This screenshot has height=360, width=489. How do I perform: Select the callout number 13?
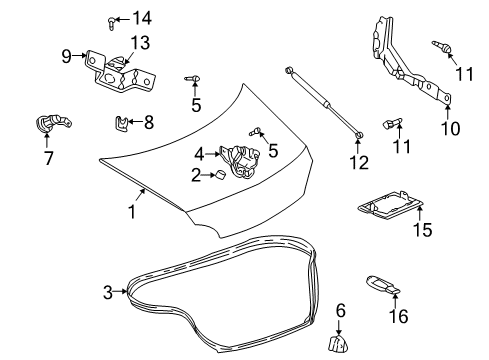click(x=139, y=42)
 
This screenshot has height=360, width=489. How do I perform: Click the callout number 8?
click(x=148, y=123)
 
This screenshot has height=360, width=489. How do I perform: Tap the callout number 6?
click(x=338, y=310)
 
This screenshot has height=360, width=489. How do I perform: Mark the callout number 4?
click(x=200, y=154)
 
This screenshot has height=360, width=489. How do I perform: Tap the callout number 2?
click(x=197, y=175)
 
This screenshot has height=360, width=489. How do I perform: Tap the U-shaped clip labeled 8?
click(x=120, y=124)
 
